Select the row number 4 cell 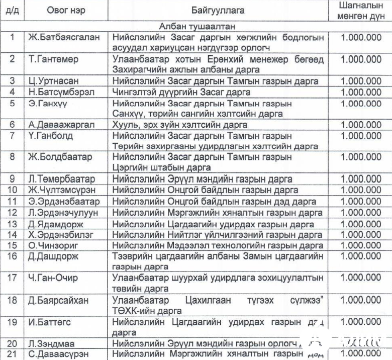click(x=13, y=92)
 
